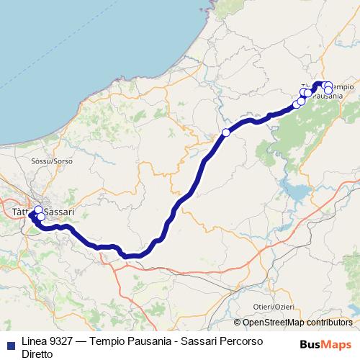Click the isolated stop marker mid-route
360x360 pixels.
(x=226, y=132)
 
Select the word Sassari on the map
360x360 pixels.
(x=60, y=212)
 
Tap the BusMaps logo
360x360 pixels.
(x=325, y=343)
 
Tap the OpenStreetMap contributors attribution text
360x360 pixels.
(x=297, y=323)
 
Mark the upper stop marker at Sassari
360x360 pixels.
(x=39, y=210)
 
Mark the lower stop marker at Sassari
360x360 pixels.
(x=41, y=217)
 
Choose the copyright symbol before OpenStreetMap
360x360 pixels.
(x=238, y=323)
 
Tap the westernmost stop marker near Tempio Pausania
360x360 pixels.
(x=297, y=104)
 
